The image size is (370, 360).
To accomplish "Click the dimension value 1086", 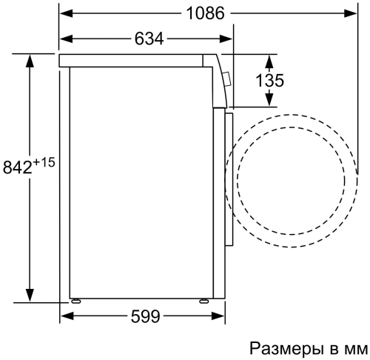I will pos(203,13).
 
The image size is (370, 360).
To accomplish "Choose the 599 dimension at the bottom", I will pos(147,317).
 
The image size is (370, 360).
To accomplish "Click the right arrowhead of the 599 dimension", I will pos(221,317).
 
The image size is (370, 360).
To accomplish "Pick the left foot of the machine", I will pos(76,300).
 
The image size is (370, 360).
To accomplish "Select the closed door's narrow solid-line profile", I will pos(229,178).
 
